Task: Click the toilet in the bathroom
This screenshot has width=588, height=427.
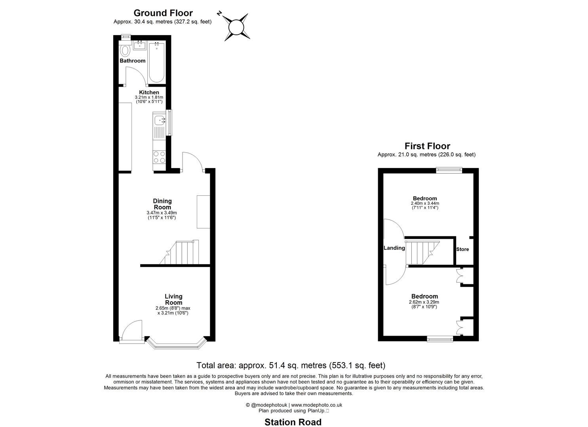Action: (x=126, y=51)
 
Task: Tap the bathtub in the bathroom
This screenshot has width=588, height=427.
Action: (x=157, y=62)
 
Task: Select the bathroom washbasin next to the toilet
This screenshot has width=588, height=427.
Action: (x=139, y=45)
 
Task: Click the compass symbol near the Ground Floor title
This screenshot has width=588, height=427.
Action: (x=236, y=27)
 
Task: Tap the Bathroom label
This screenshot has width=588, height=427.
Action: (x=133, y=61)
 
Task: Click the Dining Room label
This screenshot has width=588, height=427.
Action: (x=162, y=204)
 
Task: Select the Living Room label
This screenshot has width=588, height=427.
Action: (x=173, y=299)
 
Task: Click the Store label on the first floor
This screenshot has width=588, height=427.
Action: (x=462, y=249)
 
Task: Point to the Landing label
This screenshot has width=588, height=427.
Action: (x=394, y=248)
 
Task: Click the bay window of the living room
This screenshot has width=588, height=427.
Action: (x=176, y=345)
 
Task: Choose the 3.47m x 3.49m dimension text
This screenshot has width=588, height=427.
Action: (x=162, y=213)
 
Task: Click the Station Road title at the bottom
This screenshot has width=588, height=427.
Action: (x=293, y=422)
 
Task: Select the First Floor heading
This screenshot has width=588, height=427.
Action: (x=427, y=146)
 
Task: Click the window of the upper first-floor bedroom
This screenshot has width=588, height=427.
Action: (x=449, y=170)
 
